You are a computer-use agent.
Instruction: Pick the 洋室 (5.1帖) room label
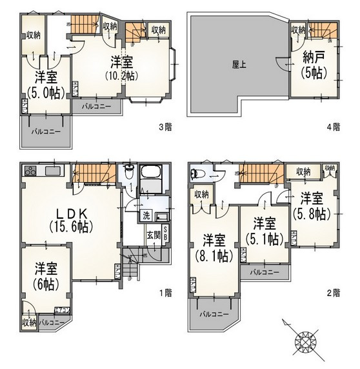point(263,230)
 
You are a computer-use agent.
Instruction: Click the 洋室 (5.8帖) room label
point(311,206)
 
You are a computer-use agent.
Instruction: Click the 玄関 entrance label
point(154,235)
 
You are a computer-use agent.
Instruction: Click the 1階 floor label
point(165,292)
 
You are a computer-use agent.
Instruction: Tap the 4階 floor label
point(333,127)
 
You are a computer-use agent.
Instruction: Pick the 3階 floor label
point(165,127)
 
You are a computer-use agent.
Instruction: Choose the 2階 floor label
point(333,292)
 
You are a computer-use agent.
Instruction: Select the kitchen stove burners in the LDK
point(30,172)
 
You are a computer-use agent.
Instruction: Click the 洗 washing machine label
point(146,215)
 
